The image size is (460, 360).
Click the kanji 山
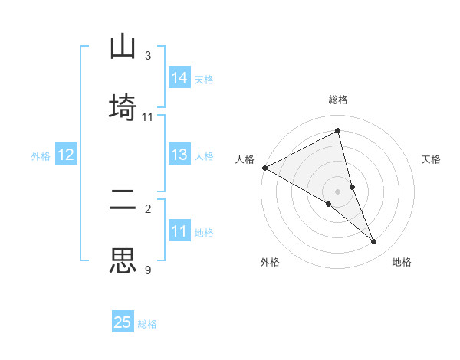123,47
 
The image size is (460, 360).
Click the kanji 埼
123,108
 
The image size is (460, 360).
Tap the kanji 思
123,261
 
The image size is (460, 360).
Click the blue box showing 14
179,78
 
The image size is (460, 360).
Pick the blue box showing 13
179,155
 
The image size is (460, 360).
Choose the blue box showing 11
179,231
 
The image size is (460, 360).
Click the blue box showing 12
66,155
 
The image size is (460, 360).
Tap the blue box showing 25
123,322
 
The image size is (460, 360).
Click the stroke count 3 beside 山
147,56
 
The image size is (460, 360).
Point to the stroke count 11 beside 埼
148,117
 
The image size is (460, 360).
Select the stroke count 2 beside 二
147,208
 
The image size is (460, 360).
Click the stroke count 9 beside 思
147,270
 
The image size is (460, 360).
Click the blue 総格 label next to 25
147,324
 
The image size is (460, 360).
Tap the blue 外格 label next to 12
41,156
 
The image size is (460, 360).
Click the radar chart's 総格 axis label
338,100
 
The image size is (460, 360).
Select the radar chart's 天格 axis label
432,159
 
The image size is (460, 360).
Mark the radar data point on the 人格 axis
264,168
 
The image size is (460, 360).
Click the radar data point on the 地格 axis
374,242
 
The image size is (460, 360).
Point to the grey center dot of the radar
338,191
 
